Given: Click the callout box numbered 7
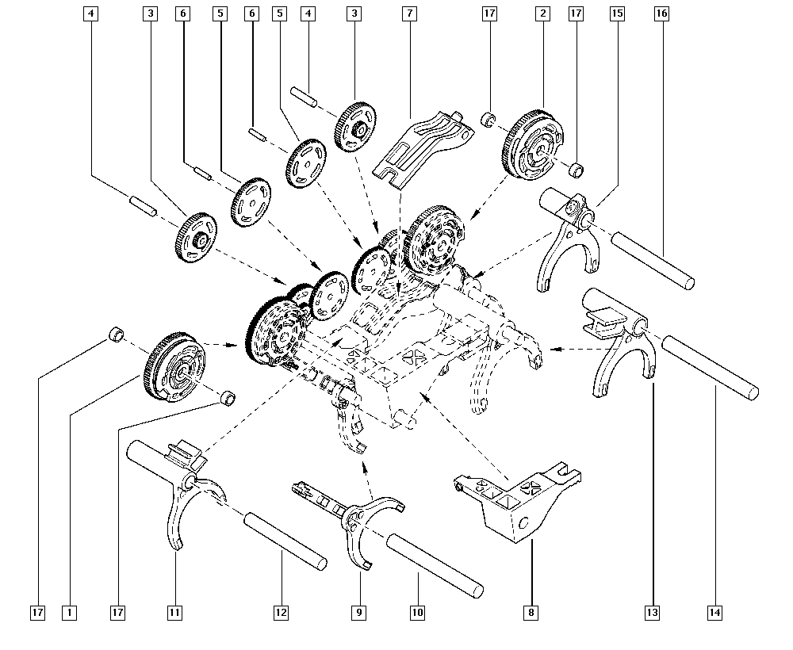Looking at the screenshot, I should pyautogui.click(x=408, y=13).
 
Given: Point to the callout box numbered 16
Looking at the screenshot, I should pyautogui.click(x=661, y=13).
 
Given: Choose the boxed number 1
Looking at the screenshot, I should pyautogui.click(x=70, y=612).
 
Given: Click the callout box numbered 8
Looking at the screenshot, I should pyautogui.click(x=530, y=612).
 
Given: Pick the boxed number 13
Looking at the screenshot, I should pyautogui.click(x=653, y=612).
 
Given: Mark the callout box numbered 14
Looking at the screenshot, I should pyautogui.click(x=715, y=612).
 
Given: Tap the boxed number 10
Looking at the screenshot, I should pyautogui.click(x=417, y=612).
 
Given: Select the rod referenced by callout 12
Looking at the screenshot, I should pyautogui.click(x=285, y=539).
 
